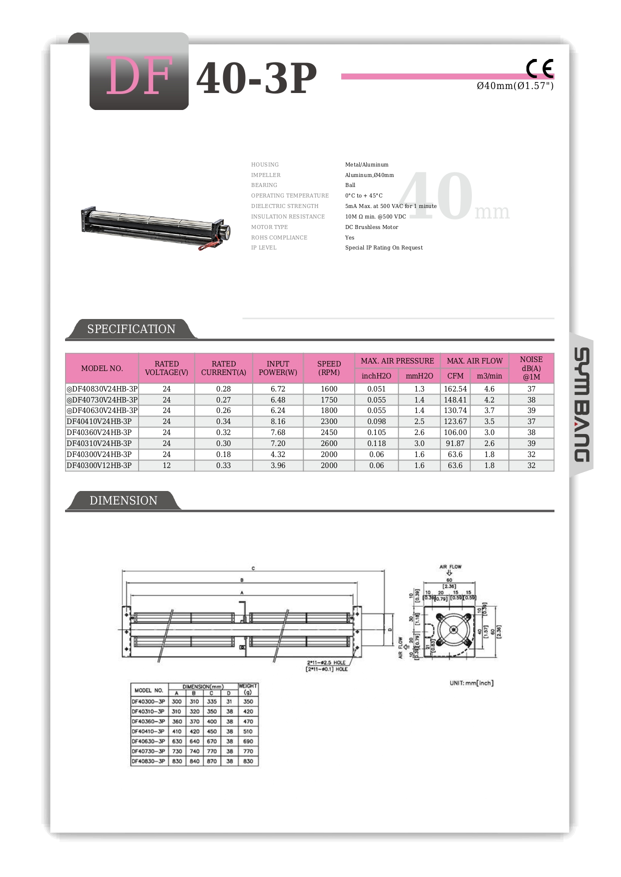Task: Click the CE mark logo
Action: (539, 68)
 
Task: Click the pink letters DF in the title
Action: (139, 76)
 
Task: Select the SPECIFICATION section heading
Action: (131, 329)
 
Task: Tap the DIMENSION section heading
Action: (123, 500)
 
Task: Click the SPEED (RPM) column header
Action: (329, 368)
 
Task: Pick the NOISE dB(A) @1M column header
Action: (531, 368)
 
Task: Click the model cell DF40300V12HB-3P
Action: (100, 465)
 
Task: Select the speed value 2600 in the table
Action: (329, 443)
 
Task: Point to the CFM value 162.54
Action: (455, 389)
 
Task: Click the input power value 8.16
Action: (278, 421)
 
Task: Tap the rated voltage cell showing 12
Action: (167, 465)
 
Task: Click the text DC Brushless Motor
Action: (372, 227)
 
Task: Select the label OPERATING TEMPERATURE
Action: (290, 195)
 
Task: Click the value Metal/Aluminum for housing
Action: (367, 164)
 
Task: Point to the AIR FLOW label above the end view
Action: (450, 566)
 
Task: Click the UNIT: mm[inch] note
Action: (471, 683)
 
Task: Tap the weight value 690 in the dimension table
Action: (248, 741)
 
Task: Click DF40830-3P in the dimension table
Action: (148, 761)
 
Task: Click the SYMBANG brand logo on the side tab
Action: (581, 404)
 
